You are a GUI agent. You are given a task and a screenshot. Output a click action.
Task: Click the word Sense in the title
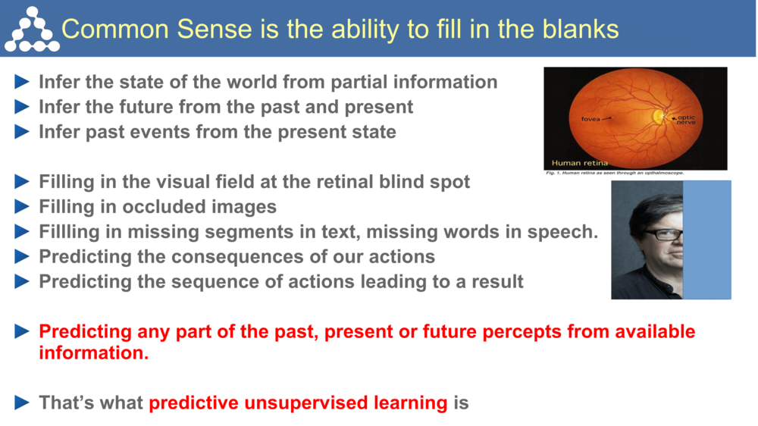point(215,29)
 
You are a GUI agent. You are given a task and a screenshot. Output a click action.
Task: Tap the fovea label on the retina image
point(591,119)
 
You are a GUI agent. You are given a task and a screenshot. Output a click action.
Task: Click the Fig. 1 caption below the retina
point(615,174)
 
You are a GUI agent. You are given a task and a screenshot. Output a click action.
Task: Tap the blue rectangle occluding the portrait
point(707,239)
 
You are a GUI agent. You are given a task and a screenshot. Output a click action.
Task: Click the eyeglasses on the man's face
point(662,234)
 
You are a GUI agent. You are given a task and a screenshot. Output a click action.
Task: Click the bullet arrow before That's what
point(23,403)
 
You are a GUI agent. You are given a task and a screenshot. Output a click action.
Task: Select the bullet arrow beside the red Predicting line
point(23,331)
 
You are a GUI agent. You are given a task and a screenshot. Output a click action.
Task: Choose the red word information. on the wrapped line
point(94,352)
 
